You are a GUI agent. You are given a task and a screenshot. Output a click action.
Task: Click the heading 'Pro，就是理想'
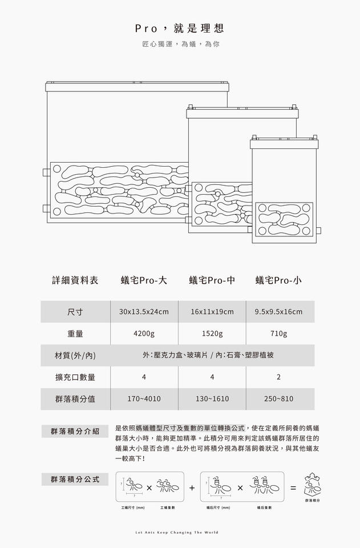pos(180,28)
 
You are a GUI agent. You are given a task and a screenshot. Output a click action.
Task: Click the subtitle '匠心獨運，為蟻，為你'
pos(180,44)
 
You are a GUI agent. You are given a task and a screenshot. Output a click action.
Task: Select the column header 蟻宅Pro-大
pos(144,280)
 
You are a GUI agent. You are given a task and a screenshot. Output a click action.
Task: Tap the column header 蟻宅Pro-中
pos(212,280)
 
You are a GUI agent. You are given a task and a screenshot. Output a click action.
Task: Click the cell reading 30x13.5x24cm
pos(144,312)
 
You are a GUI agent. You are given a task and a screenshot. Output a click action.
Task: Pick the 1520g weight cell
pos(212,333)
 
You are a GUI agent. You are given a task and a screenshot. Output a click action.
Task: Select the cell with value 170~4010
pos(144,399)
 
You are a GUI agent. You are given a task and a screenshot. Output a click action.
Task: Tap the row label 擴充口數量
pos(75,377)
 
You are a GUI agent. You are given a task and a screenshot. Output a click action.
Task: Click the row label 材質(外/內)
pos(75,356)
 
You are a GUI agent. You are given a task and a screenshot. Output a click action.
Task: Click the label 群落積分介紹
pos(75,431)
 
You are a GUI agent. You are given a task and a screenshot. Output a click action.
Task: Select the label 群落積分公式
pos(75,479)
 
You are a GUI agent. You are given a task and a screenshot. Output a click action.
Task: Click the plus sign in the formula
pos(192,488)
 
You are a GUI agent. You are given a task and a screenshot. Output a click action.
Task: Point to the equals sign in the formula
pos(293,488)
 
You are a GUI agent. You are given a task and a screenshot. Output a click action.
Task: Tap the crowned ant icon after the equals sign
pos(312,485)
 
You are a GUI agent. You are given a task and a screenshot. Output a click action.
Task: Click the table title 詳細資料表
pos(75,280)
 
